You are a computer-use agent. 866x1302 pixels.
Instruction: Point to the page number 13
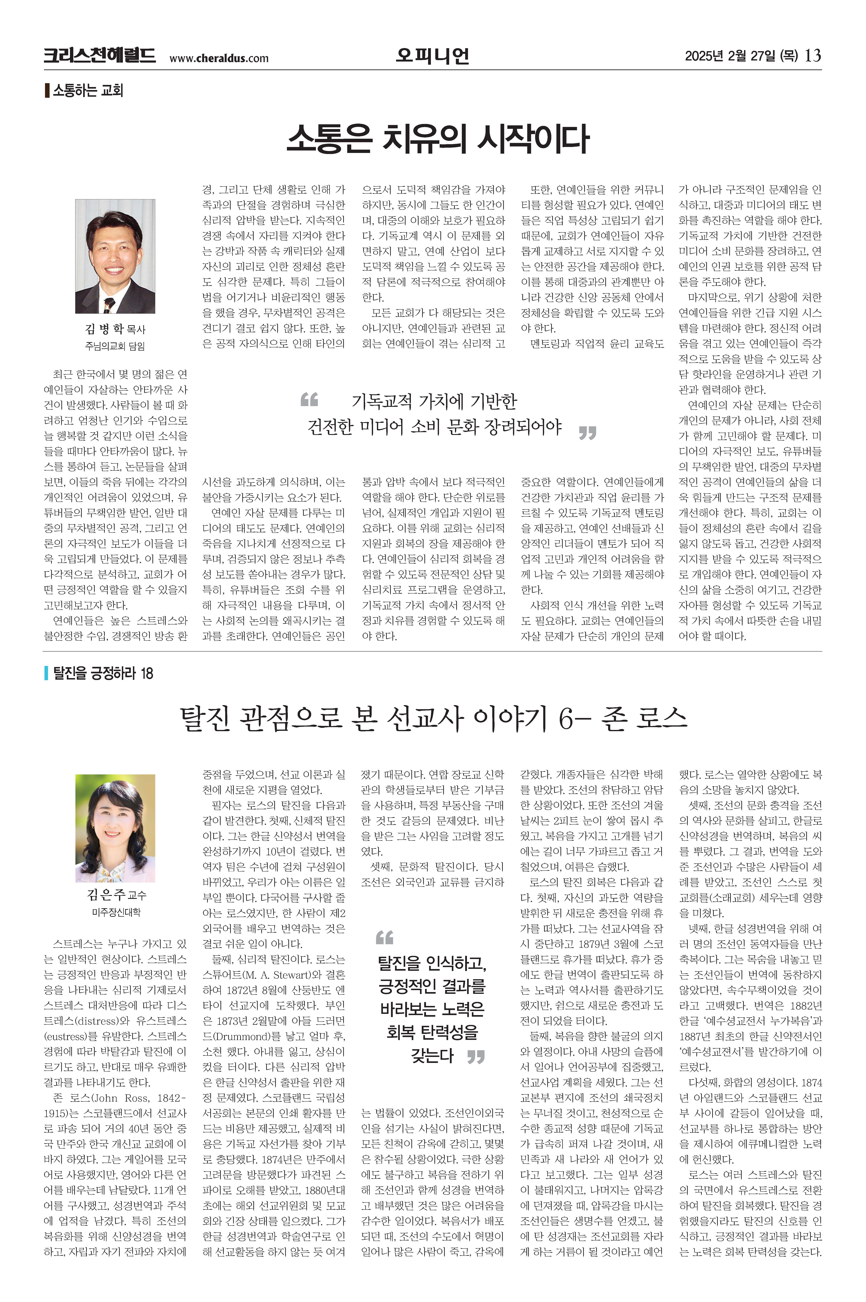[x=813, y=56]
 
